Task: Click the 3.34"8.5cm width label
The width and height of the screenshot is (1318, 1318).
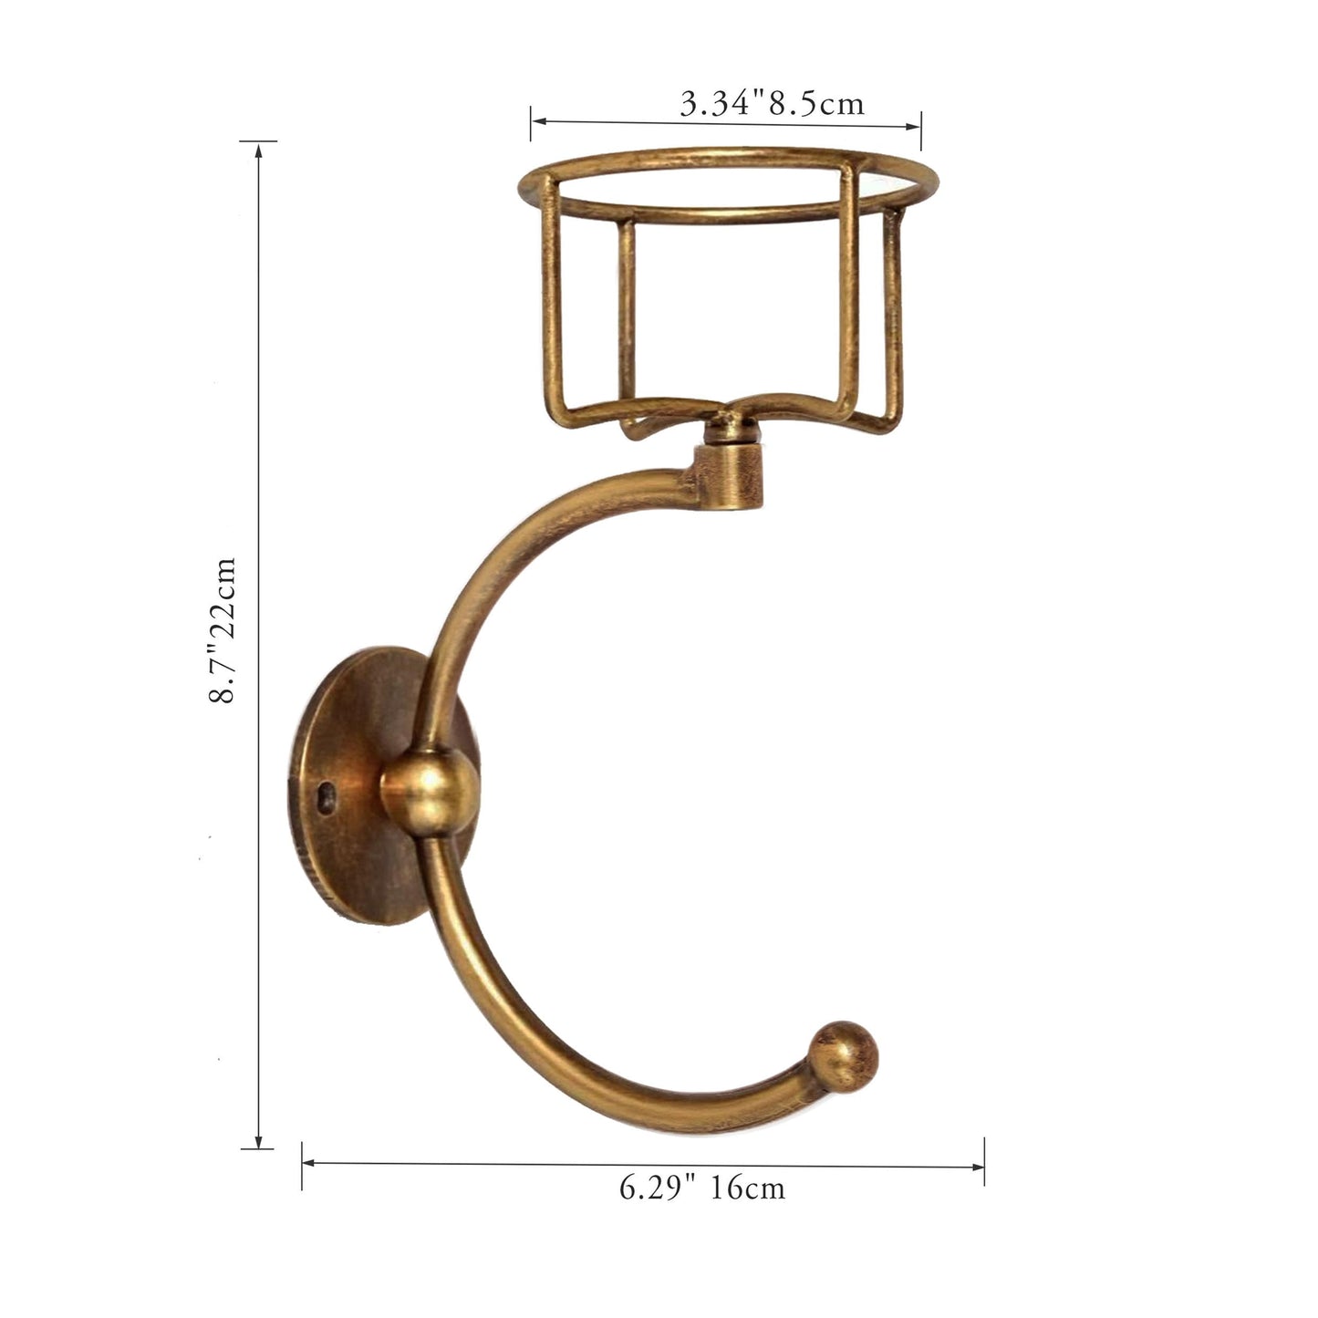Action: [772, 103]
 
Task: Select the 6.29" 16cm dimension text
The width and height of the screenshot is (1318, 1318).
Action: [702, 1188]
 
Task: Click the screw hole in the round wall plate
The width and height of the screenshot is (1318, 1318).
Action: [325, 800]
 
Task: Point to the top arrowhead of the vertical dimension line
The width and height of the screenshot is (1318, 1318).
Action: [259, 150]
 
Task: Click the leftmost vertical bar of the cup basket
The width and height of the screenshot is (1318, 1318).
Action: [550, 301]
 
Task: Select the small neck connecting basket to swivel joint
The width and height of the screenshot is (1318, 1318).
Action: [727, 427]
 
